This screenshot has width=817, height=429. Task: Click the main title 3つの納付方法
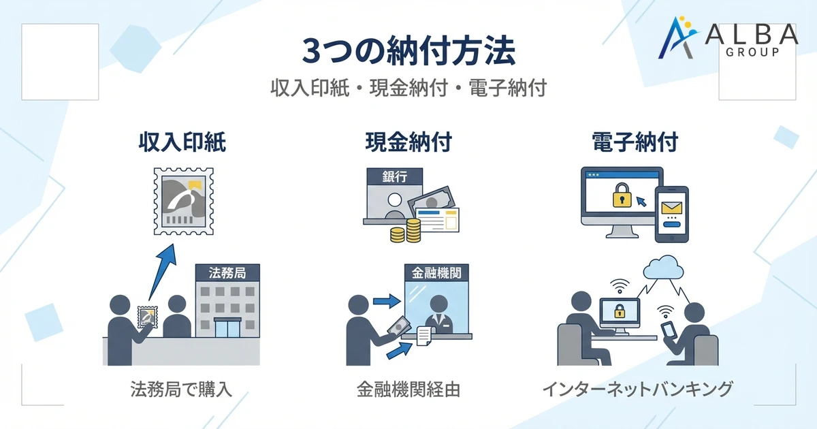(x=408, y=51)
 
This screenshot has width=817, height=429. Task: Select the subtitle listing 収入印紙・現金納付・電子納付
(x=408, y=89)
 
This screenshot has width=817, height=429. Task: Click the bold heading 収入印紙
(x=182, y=143)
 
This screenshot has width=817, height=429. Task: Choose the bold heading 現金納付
(x=408, y=143)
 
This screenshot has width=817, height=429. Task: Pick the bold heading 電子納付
(x=635, y=143)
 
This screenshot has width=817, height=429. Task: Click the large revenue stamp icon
(x=182, y=202)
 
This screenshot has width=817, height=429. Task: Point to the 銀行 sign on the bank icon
(x=394, y=177)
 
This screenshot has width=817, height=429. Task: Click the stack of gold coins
(x=407, y=231)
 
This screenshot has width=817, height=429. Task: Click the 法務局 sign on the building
(x=226, y=273)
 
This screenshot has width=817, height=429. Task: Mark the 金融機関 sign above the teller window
(x=436, y=273)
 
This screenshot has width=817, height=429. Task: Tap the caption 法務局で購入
(x=182, y=390)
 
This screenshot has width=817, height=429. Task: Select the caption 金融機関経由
(x=408, y=390)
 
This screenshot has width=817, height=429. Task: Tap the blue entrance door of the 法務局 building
(x=226, y=327)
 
